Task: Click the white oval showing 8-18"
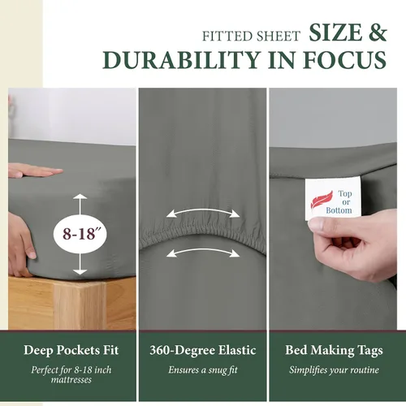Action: [x=80, y=234]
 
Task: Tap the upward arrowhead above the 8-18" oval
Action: [x=80, y=197]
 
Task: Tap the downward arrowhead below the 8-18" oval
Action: [x=80, y=272]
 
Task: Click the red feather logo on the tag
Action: [x=322, y=201]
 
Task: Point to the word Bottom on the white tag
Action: [x=339, y=210]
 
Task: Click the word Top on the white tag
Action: [x=345, y=194]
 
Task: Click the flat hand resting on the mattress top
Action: [x=35, y=171]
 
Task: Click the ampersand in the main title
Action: [x=377, y=32]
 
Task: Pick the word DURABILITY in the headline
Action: [x=181, y=60]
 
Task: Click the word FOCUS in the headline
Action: [x=344, y=60]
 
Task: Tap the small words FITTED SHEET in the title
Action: [x=252, y=37]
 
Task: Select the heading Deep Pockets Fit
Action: [x=71, y=350]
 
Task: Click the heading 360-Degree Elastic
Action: [x=203, y=350]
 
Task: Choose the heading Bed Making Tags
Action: [x=334, y=350]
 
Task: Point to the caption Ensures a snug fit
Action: [x=203, y=369]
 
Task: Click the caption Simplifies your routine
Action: [x=334, y=370]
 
